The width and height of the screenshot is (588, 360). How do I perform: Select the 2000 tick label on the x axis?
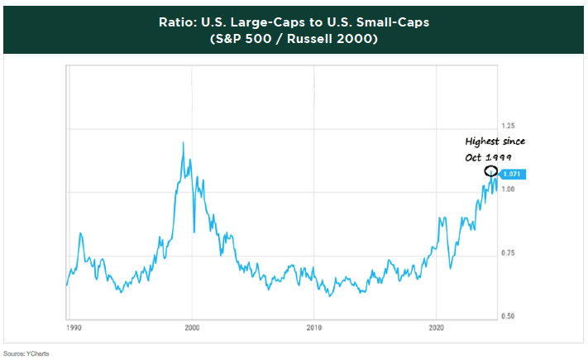tap(193, 329)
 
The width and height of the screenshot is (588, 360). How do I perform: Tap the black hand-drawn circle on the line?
tap(491, 172)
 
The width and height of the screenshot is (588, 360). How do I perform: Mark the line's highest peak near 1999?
tap(183, 143)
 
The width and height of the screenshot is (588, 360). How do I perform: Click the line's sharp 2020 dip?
tap(450, 266)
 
